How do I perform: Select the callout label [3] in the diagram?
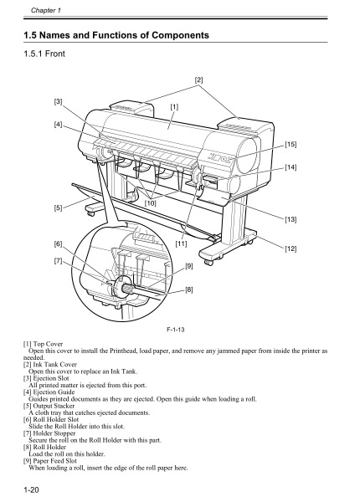click(x=58, y=101)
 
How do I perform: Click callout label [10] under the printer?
click(x=151, y=202)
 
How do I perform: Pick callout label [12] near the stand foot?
click(x=291, y=248)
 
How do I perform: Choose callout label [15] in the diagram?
click(x=291, y=145)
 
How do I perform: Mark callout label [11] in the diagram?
click(x=181, y=243)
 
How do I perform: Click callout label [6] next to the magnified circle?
click(x=58, y=243)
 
